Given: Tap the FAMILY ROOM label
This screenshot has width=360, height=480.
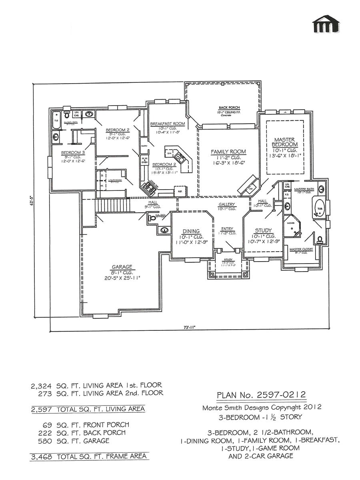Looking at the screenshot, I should click(x=228, y=152).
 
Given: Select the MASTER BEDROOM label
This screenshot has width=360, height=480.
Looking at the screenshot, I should click(x=285, y=141).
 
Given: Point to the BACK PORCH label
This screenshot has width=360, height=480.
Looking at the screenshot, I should click(x=228, y=108).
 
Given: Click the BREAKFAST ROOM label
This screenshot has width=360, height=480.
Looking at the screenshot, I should click(x=168, y=124).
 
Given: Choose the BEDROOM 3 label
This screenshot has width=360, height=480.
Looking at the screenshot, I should click(x=73, y=152).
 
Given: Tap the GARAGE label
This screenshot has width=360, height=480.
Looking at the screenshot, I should click(x=122, y=267).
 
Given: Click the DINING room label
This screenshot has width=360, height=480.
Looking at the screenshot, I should click(x=191, y=231).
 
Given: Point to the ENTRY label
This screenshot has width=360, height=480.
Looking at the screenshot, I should click(x=227, y=229).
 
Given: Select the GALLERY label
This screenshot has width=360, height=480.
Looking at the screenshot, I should click(x=227, y=204).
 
